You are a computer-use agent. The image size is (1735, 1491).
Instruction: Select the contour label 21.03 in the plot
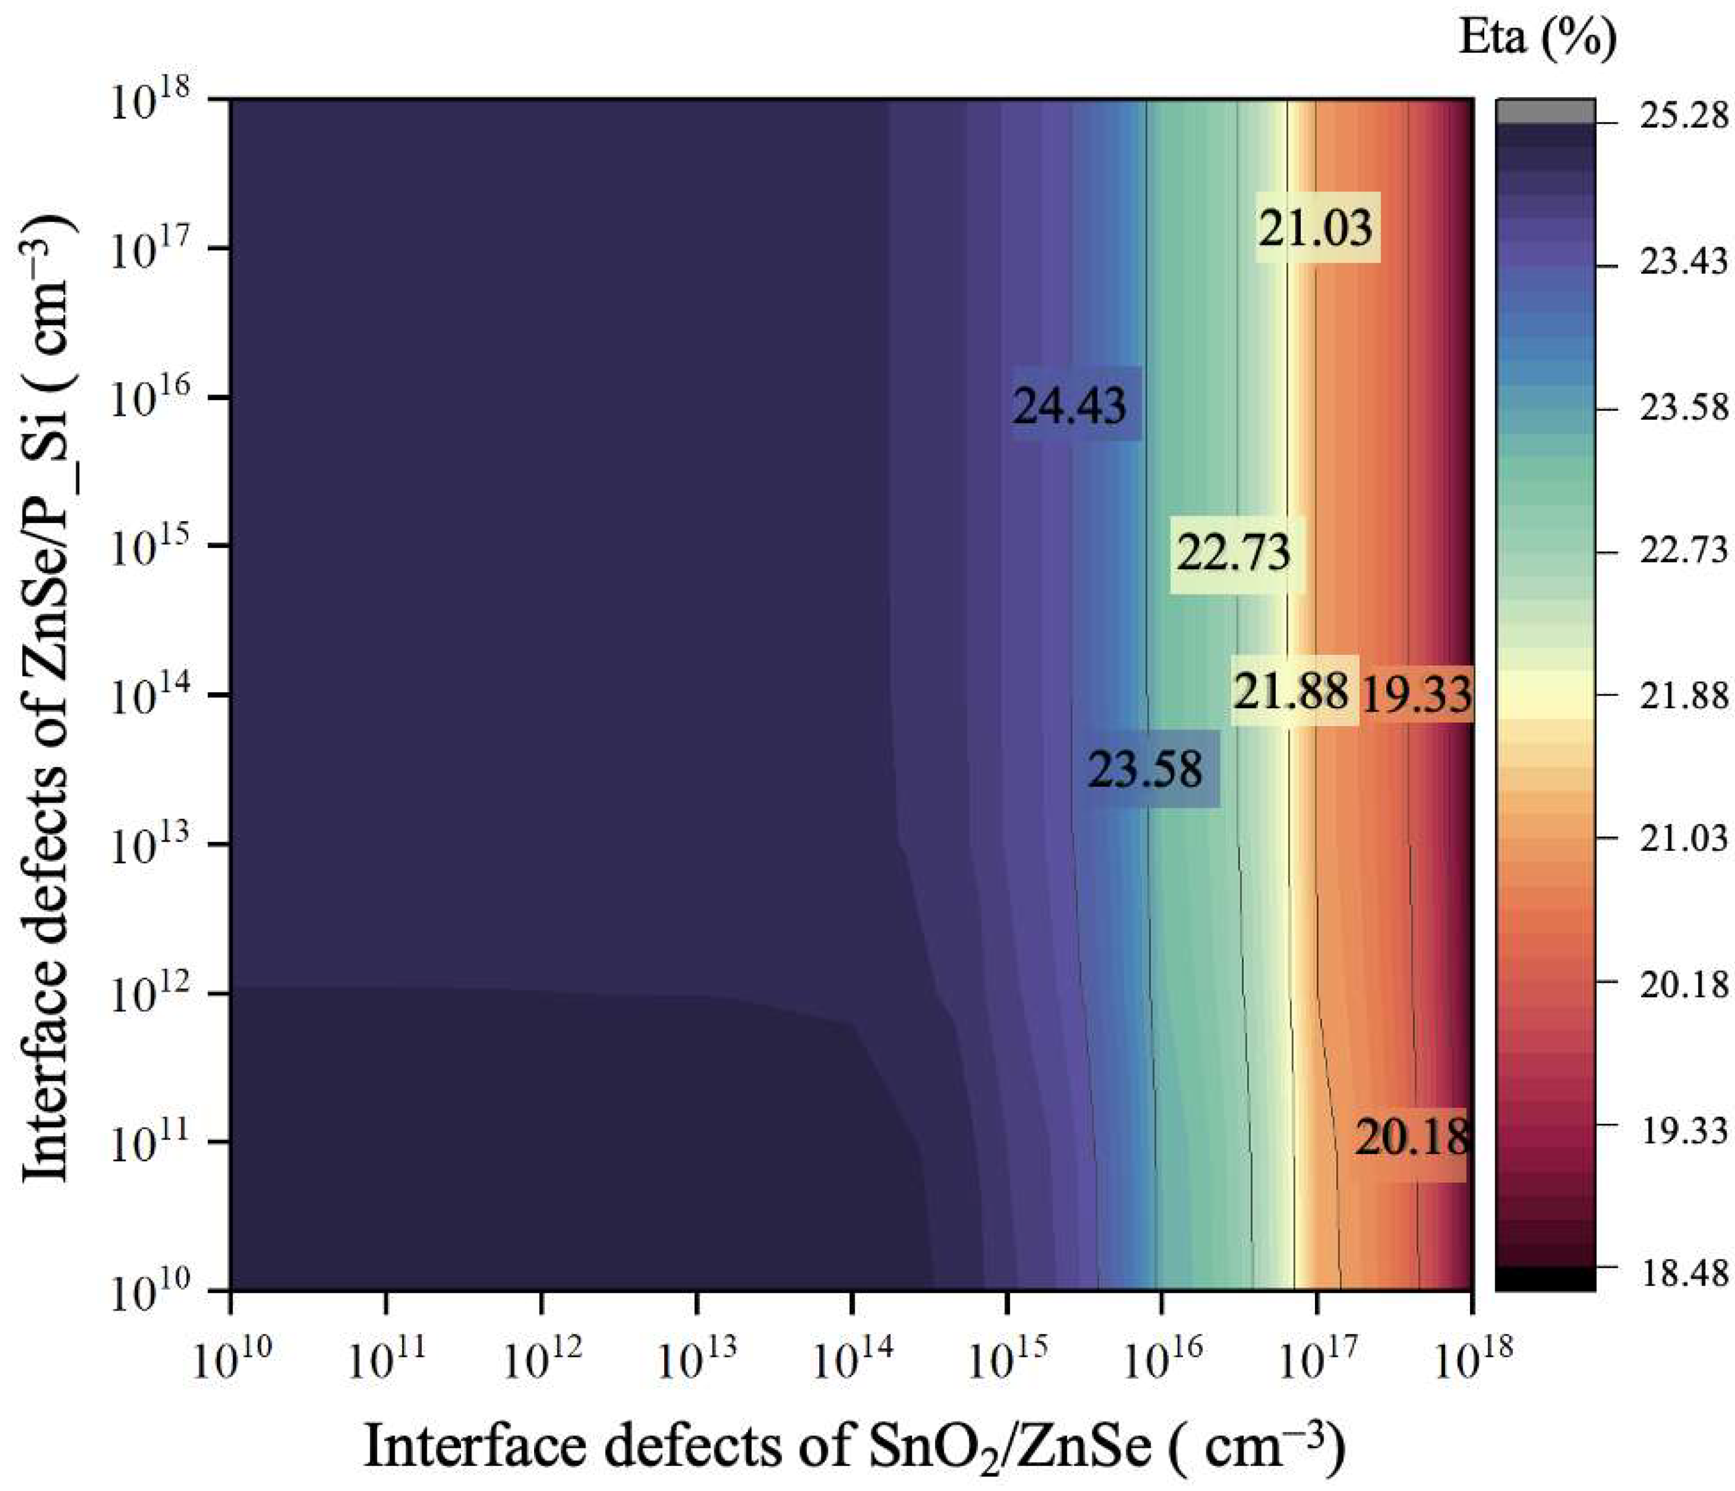click(x=1316, y=228)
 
